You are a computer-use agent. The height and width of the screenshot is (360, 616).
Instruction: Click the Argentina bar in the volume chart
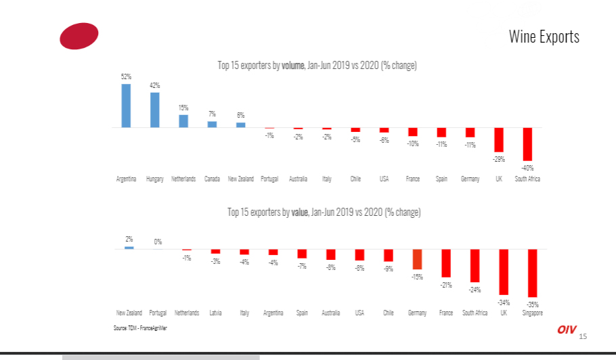(x=126, y=106)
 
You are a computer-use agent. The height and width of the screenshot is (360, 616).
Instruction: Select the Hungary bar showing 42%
(x=154, y=110)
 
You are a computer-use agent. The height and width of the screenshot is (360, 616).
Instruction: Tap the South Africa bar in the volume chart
(x=527, y=143)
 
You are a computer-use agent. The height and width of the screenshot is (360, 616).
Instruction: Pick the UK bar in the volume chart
(x=499, y=139)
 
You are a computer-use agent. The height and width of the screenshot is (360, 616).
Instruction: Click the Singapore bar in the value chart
(x=532, y=273)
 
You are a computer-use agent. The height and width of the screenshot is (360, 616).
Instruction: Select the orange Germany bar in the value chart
(x=417, y=259)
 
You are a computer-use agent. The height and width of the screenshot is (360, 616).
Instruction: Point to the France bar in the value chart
(x=446, y=263)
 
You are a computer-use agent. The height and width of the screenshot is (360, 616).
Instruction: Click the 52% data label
(x=126, y=77)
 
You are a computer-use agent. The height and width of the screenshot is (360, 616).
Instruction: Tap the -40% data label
(x=528, y=167)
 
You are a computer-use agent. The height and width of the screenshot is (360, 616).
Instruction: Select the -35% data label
(x=533, y=304)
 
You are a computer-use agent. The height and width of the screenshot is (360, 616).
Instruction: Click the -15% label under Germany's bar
(x=417, y=276)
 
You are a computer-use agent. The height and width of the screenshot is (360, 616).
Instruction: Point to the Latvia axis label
(x=215, y=313)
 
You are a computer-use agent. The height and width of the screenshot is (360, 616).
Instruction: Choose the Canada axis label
(x=212, y=179)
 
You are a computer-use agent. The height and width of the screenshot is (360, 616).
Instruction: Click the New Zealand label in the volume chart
(x=241, y=179)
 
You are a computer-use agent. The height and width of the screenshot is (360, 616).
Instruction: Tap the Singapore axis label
(x=532, y=313)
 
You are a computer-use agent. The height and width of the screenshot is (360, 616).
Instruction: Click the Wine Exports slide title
(x=544, y=37)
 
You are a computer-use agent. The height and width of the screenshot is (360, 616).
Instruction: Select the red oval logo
(x=79, y=36)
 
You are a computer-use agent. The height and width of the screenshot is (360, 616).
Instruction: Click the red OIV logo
(x=567, y=330)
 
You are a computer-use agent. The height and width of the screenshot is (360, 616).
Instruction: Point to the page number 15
(x=583, y=336)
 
